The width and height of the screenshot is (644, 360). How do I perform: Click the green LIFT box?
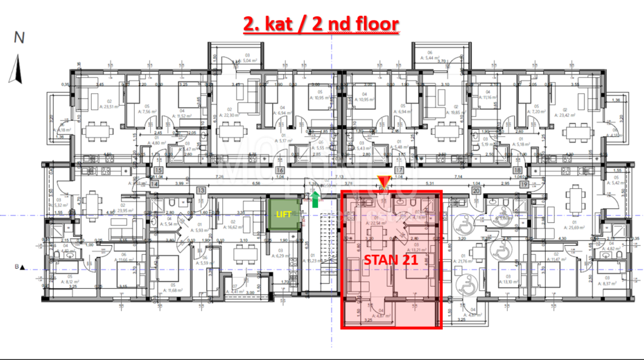coord(283,215)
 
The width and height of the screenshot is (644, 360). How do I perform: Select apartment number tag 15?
coord(158,171)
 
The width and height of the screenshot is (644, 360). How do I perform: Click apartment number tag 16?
coord(280,171)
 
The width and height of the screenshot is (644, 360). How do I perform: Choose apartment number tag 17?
coord(399,171)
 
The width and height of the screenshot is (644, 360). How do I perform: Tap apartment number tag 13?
coord(201,190)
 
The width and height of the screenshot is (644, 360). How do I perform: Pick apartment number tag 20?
coord(476,190)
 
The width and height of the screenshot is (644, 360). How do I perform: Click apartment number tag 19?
coord(523,184)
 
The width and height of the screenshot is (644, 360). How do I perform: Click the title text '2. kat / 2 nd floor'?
coord(321,25)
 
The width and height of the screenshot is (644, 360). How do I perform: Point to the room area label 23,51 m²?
coord(96,107)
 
